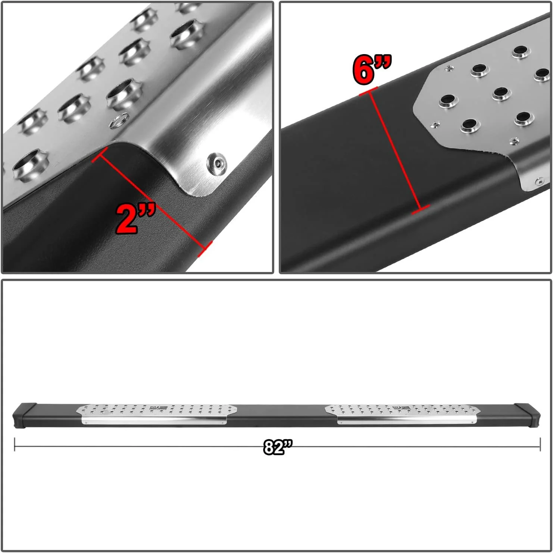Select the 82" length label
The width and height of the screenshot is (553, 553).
click(x=278, y=447)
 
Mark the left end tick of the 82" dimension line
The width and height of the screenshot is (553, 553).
click(x=15, y=444)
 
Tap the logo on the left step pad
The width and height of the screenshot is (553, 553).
click(x=153, y=408)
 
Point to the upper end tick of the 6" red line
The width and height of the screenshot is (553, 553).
click(x=368, y=91)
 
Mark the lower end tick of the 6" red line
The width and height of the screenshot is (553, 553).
click(x=421, y=210)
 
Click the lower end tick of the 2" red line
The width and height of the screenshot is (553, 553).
click(x=205, y=249)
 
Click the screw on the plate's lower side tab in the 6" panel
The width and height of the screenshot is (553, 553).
click(x=540, y=182)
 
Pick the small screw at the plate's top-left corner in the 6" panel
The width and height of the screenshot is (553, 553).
click(x=449, y=68)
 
